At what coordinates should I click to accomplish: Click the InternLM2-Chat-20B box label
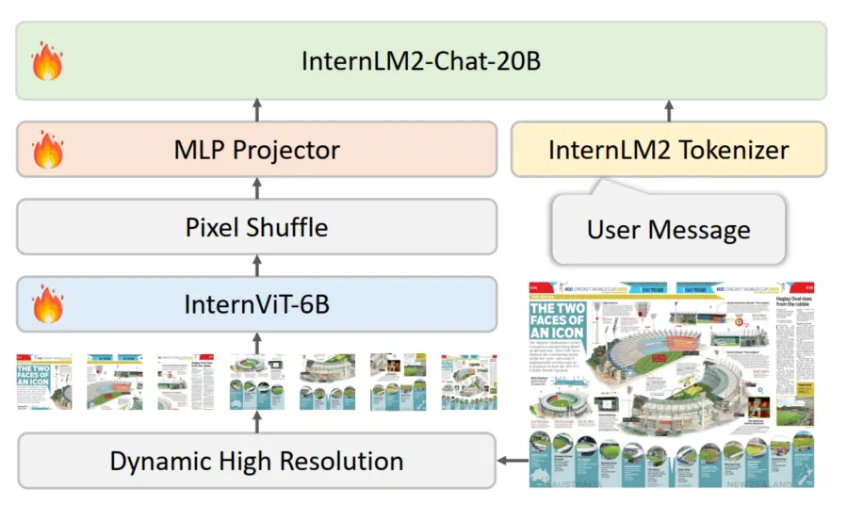421,61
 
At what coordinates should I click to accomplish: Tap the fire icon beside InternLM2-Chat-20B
46,63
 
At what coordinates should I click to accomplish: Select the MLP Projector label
256,149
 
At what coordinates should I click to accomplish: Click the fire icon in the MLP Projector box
46,151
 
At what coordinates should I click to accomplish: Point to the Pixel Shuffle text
256,227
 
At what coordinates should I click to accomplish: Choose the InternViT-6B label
256,303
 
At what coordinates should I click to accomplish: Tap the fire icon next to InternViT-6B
46,304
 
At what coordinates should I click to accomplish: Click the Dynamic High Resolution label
256,461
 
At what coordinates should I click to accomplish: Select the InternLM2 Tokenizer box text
669,149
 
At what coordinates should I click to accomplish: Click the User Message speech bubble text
669,229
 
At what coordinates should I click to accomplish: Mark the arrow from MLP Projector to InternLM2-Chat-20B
256,110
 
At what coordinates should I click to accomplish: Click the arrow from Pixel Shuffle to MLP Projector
256,187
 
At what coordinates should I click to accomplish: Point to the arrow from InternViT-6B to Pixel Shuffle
256,265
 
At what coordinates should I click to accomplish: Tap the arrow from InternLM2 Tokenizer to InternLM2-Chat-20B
669,110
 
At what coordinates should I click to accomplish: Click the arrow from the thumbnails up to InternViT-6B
256,342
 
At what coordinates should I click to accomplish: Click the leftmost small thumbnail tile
44,382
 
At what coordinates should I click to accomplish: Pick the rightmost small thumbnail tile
468,382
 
